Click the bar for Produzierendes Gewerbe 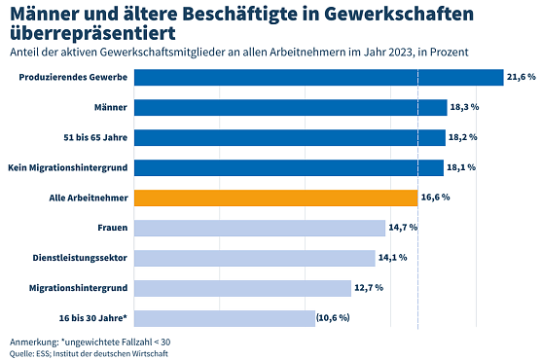click(318, 77)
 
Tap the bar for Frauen click(260, 228)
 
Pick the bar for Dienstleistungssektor click(255, 258)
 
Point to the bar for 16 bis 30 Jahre click(224, 318)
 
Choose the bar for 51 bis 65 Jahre click(289, 137)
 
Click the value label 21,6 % click(521, 77)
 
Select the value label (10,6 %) click(332, 318)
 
